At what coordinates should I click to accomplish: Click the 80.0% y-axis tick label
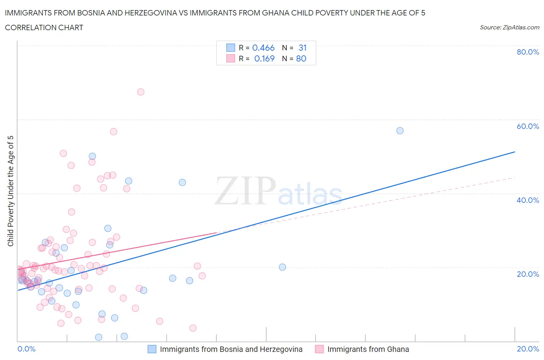click(528, 52)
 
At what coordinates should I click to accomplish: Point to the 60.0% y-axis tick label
click(528, 126)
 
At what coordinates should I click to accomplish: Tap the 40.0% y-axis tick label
click(528, 200)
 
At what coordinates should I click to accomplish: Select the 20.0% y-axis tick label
click(528, 274)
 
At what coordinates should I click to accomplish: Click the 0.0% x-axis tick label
click(26, 349)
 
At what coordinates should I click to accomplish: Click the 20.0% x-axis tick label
click(528, 349)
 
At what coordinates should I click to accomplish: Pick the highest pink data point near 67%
click(141, 92)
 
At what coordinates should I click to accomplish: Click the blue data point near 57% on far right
click(400, 130)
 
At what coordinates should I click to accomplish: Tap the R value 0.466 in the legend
click(263, 48)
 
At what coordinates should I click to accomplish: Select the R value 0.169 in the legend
click(264, 58)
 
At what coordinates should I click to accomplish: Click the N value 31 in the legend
click(303, 48)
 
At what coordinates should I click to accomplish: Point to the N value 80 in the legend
click(301, 58)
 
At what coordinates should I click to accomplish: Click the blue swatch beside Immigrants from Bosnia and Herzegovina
click(152, 349)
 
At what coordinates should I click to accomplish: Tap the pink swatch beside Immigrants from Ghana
click(319, 349)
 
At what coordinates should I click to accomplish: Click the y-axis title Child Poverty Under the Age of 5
click(10, 191)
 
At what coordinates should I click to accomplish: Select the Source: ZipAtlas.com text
click(509, 27)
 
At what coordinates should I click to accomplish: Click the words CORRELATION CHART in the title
click(44, 27)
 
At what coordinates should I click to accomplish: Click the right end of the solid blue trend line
click(515, 152)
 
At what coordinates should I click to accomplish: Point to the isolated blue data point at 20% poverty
click(282, 267)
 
